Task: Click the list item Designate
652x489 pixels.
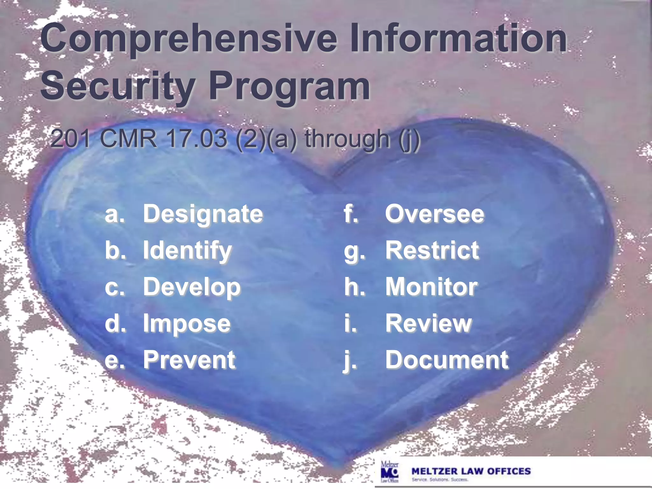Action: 203,214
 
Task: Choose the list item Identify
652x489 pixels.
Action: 187,251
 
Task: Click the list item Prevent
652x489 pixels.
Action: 189,360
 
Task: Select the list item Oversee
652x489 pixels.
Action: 435,214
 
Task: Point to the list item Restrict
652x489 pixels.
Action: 432,250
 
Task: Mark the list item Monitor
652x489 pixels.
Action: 431,287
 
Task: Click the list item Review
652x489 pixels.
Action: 429,323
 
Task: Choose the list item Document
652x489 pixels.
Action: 447,360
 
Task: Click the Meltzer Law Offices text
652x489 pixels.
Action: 471,471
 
